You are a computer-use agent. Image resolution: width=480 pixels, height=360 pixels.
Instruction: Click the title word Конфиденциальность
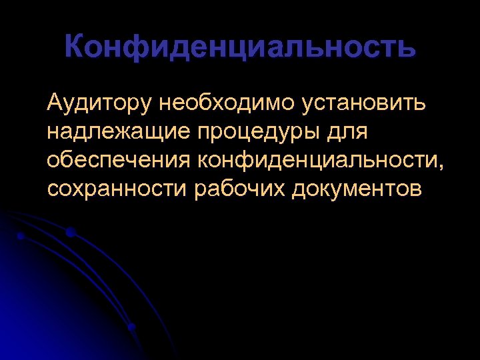(240, 48)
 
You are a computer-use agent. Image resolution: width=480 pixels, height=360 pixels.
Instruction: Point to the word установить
(366, 104)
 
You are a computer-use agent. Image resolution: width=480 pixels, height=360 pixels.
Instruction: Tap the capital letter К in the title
(77, 48)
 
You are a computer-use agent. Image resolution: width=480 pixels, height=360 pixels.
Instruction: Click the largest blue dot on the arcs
(70, 232)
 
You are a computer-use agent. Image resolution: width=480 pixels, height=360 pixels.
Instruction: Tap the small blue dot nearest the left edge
(21, 236)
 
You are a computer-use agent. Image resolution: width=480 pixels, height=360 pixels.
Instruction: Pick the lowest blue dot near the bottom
(131, 327)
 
